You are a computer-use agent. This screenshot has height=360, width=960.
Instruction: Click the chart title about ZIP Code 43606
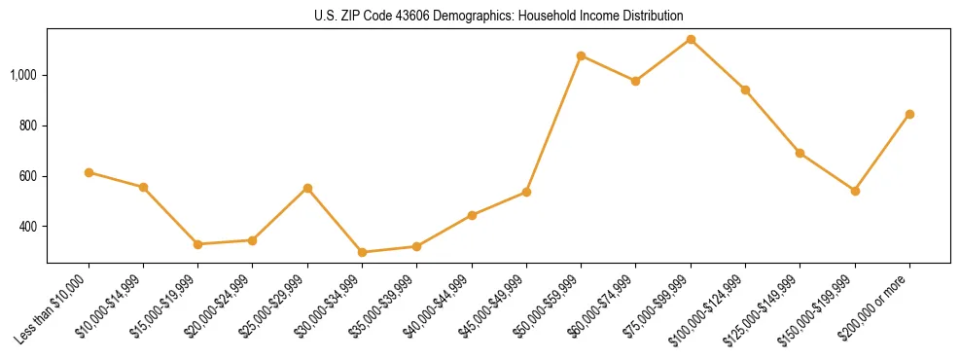[x=498, y=17]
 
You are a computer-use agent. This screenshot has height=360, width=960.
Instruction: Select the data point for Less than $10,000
[x=89, y=172]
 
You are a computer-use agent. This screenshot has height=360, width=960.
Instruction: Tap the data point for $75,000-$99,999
[x=691, y=40]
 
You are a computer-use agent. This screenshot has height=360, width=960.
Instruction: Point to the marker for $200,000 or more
[x=909, y=114]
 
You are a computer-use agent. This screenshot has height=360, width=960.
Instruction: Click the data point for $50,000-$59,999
[x=581, y=55]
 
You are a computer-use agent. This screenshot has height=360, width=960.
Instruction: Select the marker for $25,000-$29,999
[x=307, y=188]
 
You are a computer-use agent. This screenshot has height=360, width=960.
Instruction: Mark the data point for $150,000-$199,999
[x=855, y=191]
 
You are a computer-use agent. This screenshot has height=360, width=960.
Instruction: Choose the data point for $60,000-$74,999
[x=635, y=81]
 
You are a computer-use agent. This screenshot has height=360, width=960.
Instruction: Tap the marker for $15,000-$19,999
[x=197, y=244]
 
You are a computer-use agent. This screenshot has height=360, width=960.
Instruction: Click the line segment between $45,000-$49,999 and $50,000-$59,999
[x=553, y=124]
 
